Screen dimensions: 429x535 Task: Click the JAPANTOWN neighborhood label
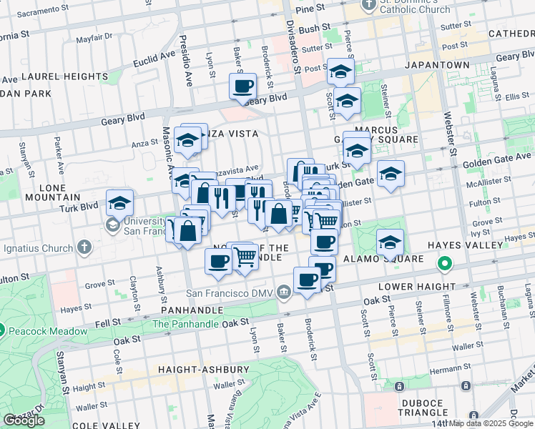pyautogui.click(x=437, y=65)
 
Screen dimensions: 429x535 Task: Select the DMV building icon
pyautogui.click(x=284, y=292)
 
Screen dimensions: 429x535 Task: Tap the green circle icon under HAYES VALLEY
pyautogui.click(x=444, y=265)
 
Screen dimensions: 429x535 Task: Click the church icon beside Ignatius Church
pyautogui.click(x=84, y=248)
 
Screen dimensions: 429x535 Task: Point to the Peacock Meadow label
pyautogui.click(x=39, y=330)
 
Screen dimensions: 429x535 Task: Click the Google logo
pyautogui.click(x=24, y=420)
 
